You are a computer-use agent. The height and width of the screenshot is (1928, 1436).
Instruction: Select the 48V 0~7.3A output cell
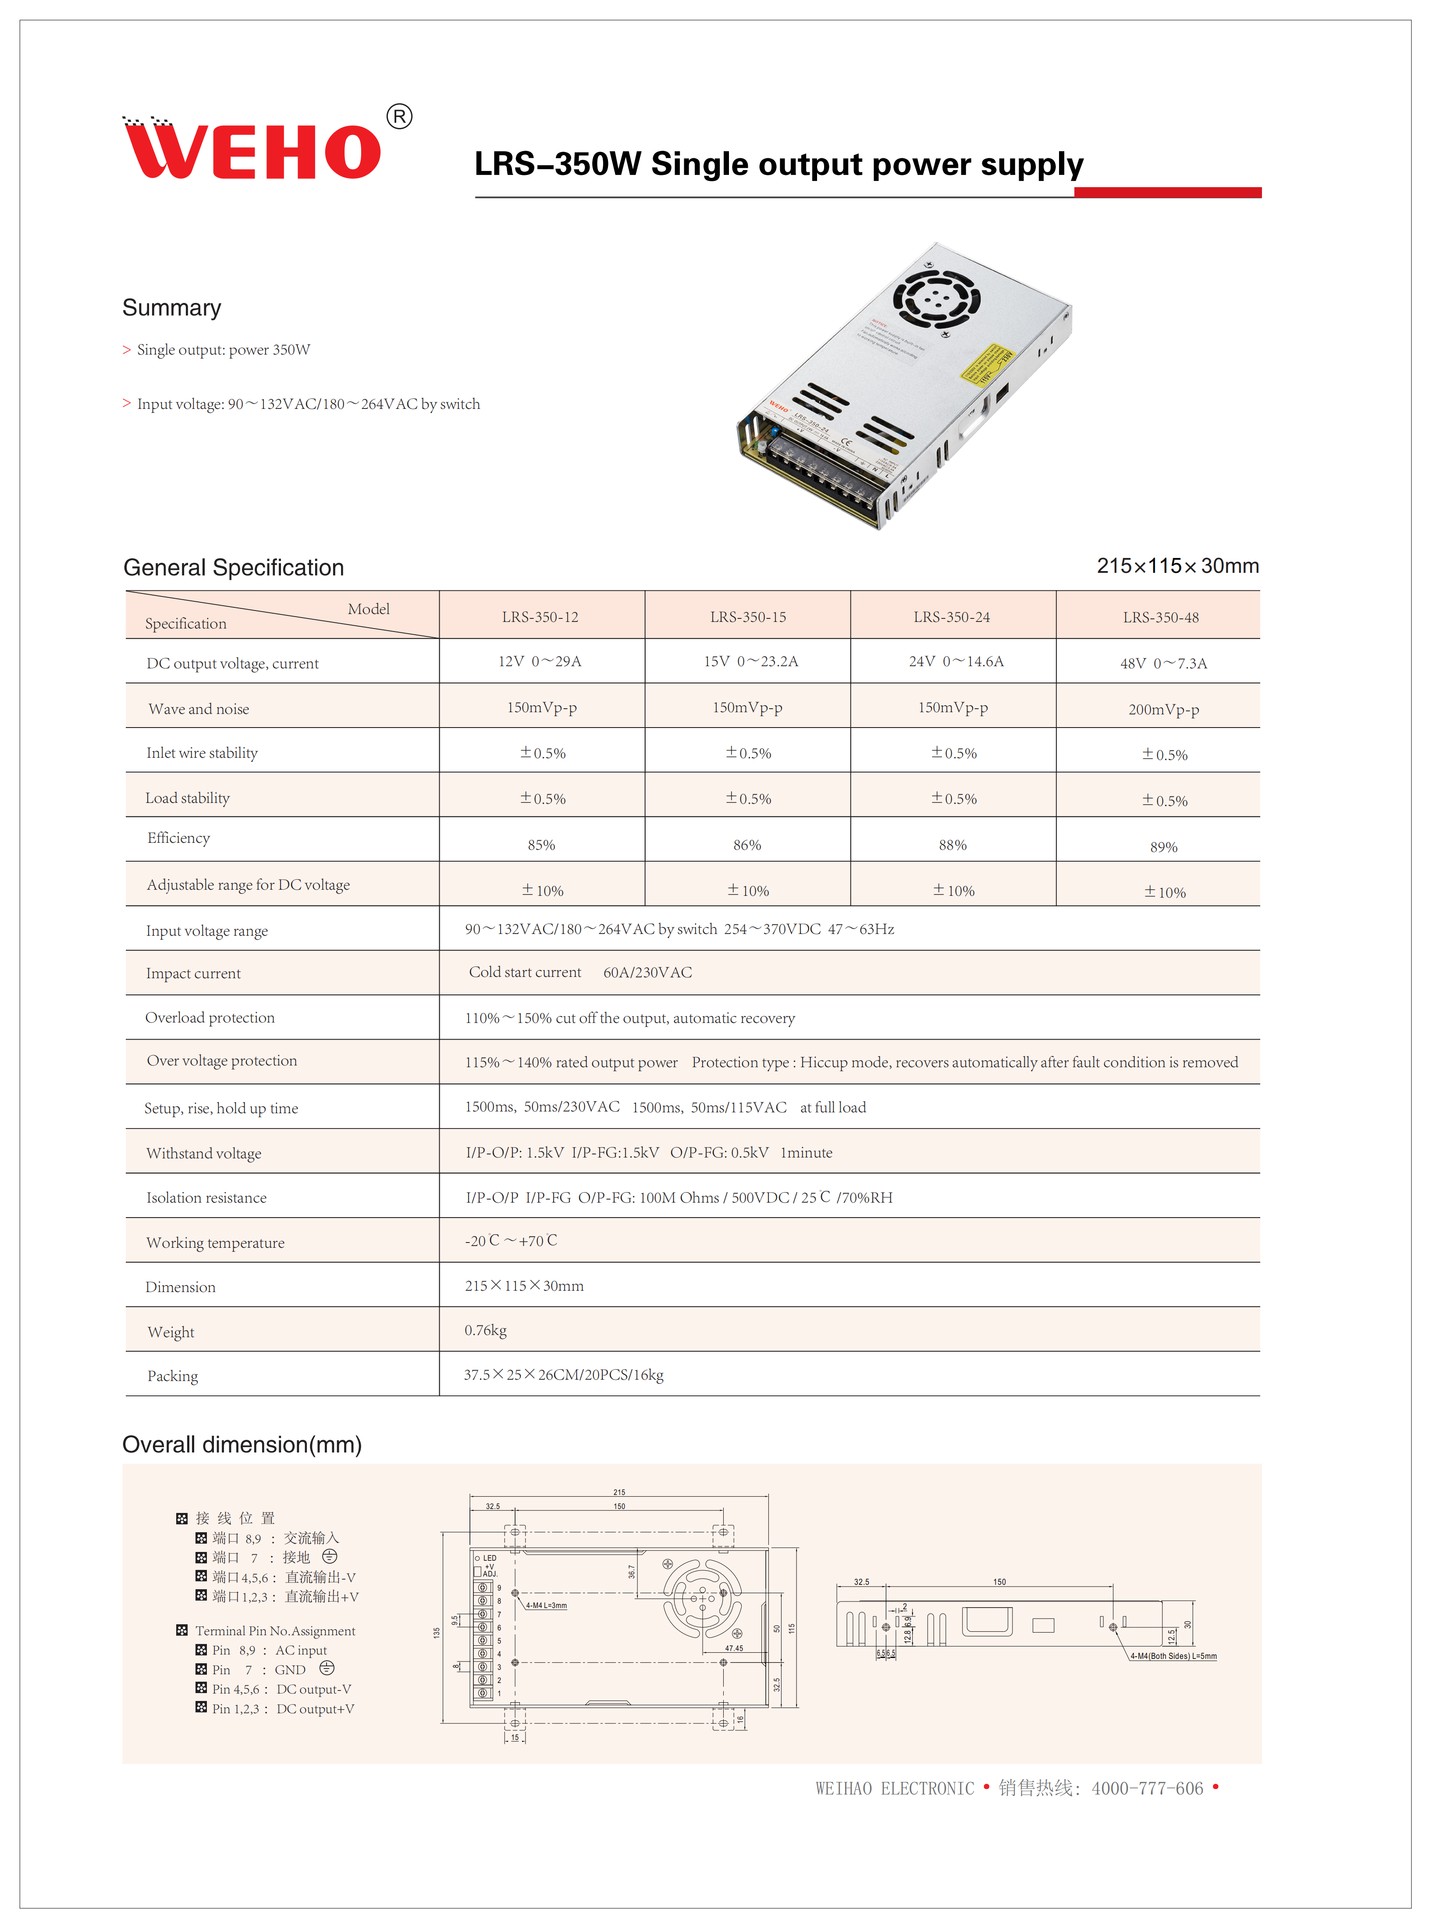click(x=1163, y=663)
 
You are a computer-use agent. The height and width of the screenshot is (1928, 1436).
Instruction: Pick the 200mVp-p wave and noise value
click(x=1163, y=709)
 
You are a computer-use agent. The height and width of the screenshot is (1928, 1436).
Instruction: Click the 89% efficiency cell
click(x=1163, y=847)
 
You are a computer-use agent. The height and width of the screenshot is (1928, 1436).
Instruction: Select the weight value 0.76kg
click(x=485, y=1330)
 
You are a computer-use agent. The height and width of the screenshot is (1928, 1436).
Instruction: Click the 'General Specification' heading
click(x=233, y=568)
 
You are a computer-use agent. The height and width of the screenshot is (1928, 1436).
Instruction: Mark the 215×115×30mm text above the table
click(x=1177, y=566)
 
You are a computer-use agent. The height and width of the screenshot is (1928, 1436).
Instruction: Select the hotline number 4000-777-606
click(x=1148, y=1788)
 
